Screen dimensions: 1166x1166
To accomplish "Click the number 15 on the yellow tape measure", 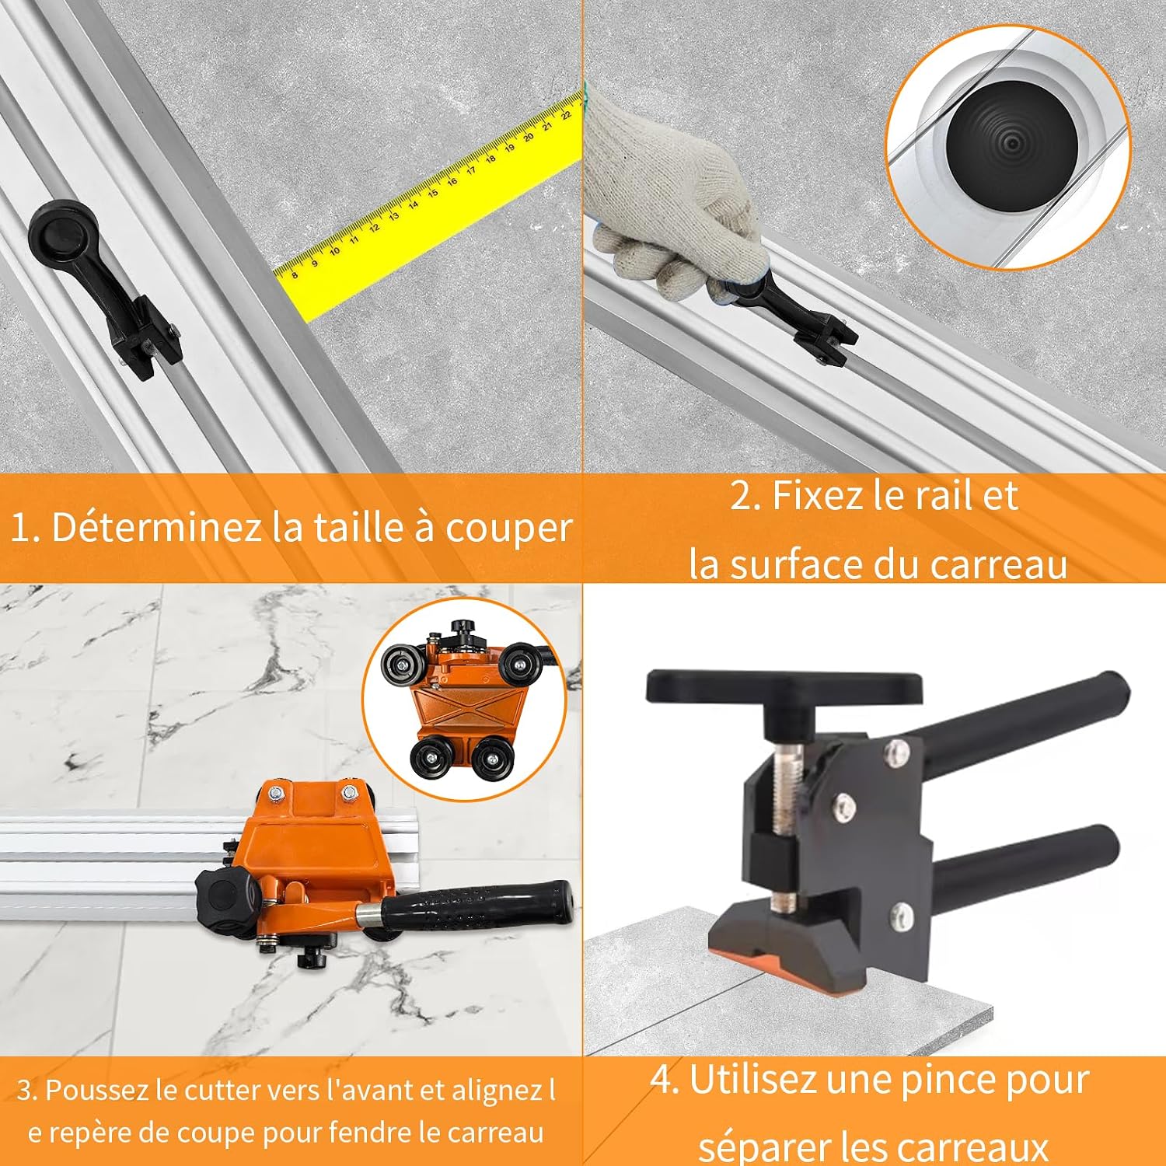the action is [432, 192].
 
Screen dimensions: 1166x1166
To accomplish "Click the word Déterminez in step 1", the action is [156, 527].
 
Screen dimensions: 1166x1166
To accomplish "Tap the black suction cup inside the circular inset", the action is [1010, 148].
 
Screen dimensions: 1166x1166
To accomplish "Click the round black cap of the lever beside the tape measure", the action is [58, 231].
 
